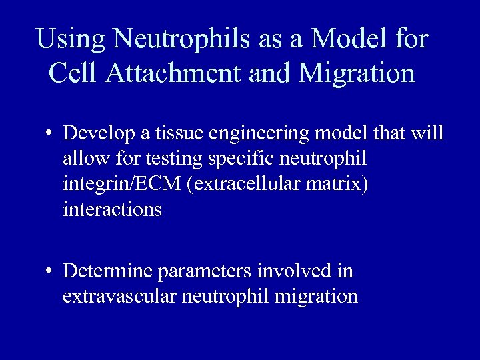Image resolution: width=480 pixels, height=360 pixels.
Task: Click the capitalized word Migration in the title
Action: pos(357,73)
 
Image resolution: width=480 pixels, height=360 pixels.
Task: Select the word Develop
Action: pos(100,133)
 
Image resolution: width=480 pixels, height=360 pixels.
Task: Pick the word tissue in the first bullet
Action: pos(179,133)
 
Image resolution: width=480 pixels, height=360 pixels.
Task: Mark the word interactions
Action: pos(112,209)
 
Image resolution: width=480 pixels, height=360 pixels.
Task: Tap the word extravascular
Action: pos(119,296)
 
